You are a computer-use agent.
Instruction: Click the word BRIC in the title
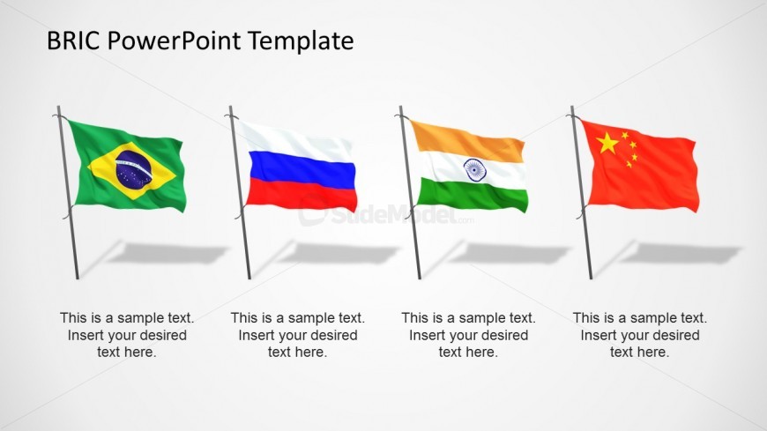(73, 41)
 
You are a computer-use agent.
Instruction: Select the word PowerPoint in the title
(175, 41)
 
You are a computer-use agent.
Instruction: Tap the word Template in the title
(301, 41)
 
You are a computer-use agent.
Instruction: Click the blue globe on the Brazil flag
(133, 169)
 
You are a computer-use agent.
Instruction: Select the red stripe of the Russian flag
(301, 195)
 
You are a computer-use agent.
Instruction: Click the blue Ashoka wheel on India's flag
(474, 170)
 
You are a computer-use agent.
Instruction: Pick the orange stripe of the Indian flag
(467, 141)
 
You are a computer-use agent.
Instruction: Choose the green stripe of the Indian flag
(472, 196)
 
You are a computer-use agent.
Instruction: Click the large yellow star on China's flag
(607, 143)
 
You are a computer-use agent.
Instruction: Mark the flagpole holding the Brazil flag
(68, 192)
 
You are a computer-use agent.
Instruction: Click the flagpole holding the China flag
(581, 192)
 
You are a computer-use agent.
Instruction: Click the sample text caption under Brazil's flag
(127, 335)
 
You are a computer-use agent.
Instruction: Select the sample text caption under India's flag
(469, 335)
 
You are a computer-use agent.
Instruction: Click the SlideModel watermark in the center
(386, 213)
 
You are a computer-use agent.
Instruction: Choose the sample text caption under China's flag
(640, 335)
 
